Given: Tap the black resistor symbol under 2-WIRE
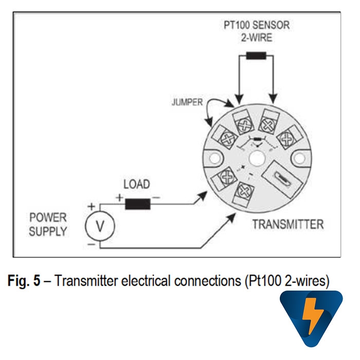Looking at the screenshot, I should [x=256, y=57].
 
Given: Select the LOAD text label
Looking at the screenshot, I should [x=137, y=184].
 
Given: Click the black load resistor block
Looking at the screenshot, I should [x=137, y=203].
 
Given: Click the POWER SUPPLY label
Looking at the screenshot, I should [x=48, y=225].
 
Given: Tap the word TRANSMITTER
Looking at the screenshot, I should [x=288, y=225].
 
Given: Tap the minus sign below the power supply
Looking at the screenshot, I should [x=91, y=244].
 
